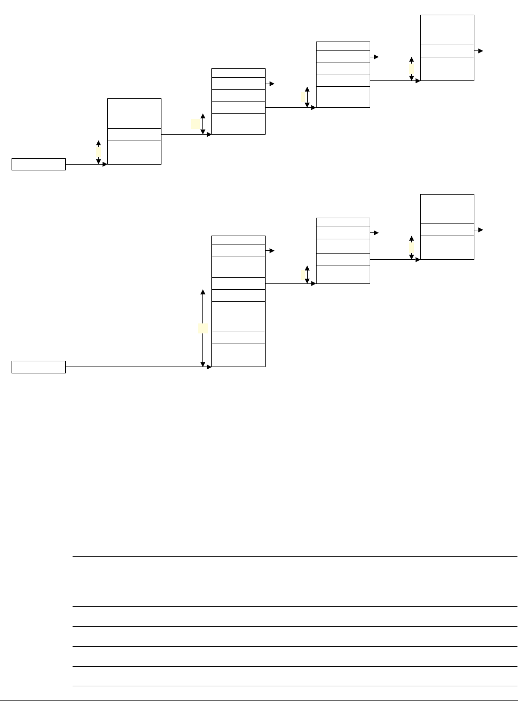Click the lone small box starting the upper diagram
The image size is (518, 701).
tap(39, 164)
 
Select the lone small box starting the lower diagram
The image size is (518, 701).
tap(39, 367)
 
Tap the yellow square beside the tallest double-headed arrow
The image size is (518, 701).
tap(202, 329)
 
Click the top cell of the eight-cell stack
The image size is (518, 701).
tap(238, 240)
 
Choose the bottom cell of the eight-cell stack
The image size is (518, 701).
tap(238, 355)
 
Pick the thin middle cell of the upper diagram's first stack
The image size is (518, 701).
tap(134, 134)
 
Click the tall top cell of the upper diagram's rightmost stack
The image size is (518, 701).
tap(447, 30)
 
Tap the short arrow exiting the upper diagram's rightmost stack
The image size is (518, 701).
tap(479, 51)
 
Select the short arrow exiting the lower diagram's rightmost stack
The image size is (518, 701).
tap(479, 230)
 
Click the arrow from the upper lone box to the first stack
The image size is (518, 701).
tap(86, 164)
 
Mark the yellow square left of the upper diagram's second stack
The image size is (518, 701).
tap(195, 124)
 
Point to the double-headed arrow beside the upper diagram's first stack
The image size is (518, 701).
tap(98, 153)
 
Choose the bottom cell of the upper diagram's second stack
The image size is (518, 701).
tap(238, 124)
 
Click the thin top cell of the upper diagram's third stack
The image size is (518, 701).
tap(343, 46)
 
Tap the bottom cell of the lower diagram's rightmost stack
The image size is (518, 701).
tap(447, 248)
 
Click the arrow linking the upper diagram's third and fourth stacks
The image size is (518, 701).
tap(395, 80)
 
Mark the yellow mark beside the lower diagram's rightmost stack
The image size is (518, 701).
tap(411, 248)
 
